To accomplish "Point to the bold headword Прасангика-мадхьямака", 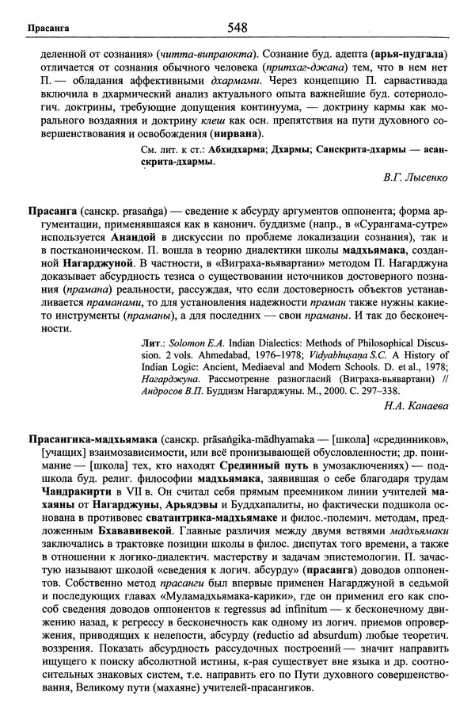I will pos(90,438).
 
